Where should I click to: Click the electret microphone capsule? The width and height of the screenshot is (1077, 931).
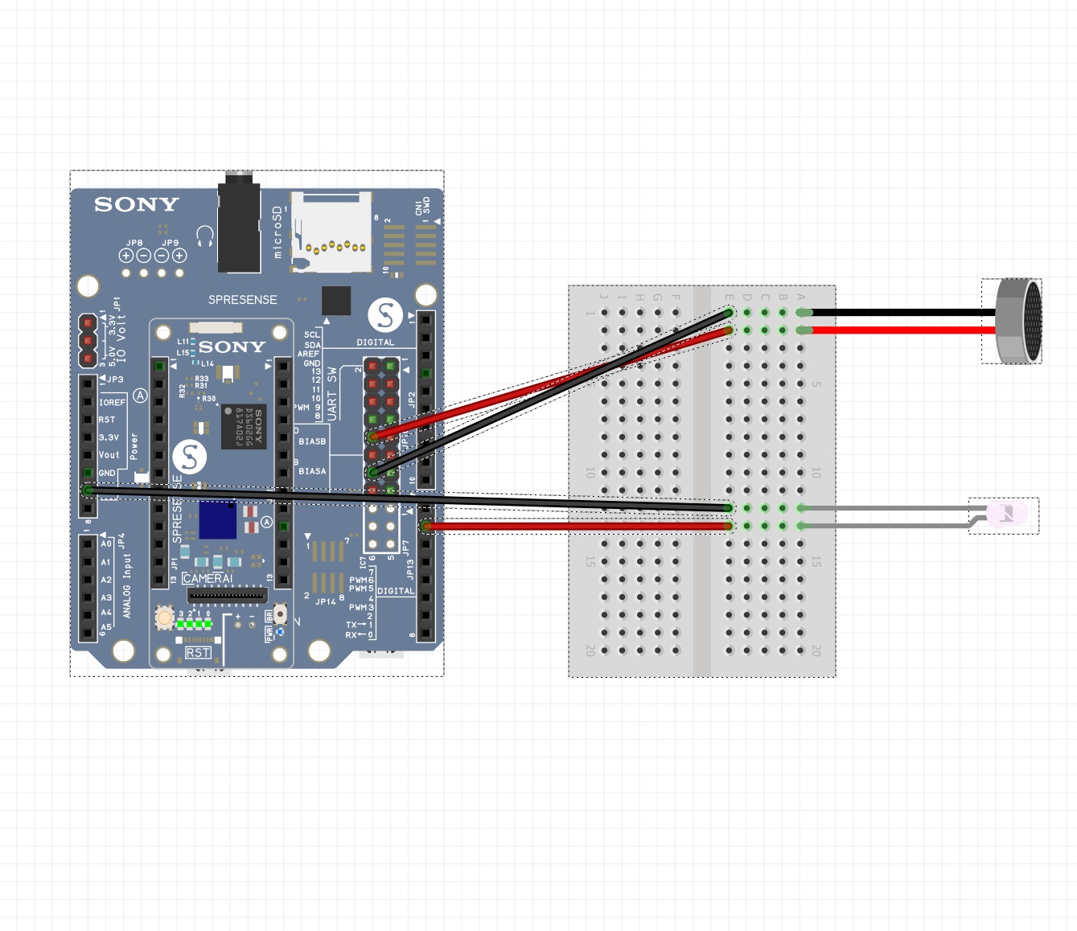[x=1018, y=321]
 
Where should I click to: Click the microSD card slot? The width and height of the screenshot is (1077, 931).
[x=331, y=232]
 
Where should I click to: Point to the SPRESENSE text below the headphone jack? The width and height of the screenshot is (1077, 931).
[x=242, y=300]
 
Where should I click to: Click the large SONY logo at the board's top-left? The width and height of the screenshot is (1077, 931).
[x=137, y=205]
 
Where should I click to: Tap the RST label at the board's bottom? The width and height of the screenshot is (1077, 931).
[x=198, y=653]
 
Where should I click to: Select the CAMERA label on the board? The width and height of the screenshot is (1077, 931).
[x=207, y=579]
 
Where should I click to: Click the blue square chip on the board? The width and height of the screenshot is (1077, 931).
[x=217, y=519]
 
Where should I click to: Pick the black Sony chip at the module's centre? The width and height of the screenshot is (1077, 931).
[x=244, y=427]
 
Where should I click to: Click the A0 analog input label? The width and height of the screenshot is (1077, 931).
[x=106, y=544]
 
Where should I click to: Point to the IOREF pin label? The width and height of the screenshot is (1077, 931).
[x=112, y=403]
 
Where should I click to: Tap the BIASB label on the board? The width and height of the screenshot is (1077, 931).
[x=312, y=441]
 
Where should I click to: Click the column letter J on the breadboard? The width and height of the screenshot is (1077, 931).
[x=604, y=297]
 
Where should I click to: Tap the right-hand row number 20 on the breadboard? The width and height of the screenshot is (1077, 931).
[x=816, y=650]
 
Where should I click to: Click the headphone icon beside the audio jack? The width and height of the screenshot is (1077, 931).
[x=205, y=236]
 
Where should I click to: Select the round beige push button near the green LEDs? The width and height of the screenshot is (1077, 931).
[x=165, y=617]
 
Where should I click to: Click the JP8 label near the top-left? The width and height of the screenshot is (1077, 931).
[x=134, y=243]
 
